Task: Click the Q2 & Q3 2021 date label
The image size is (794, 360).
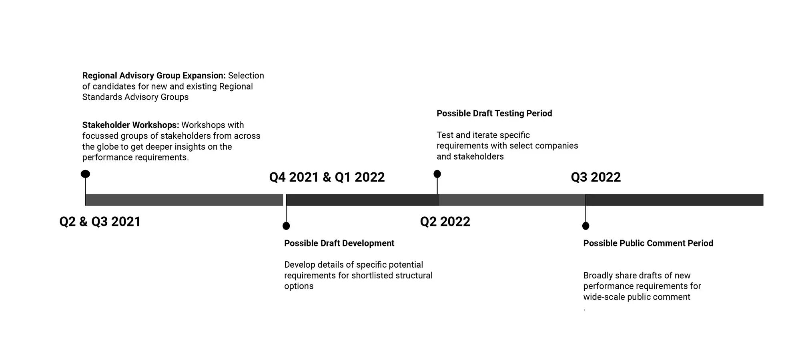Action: [x=100, y=222]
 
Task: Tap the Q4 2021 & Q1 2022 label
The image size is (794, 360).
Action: [x=327, y=177]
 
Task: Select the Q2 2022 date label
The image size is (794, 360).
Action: [x=445, y=222]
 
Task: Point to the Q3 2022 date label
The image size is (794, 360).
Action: [x=595, y=177]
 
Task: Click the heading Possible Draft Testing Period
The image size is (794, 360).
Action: [x=494, y=114]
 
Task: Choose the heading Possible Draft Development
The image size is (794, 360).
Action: [x=339, y=243]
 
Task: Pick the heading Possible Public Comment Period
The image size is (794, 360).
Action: [x=648, y=243]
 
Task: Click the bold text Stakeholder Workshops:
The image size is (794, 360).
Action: [x=130, y=125]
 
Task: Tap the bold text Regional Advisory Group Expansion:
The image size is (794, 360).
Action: [x=154, y=76]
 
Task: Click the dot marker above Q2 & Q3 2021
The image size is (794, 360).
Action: [x=85, y=174]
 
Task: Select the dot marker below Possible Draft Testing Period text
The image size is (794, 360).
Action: [x=437, y=174]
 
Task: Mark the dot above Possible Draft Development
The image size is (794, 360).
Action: [x=286, y=226]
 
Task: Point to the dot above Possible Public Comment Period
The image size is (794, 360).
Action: [x=585, y=226]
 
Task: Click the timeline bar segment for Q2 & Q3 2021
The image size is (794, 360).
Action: [x=184, y=200]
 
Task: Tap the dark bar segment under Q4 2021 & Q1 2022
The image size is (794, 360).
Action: [x=362, y=200]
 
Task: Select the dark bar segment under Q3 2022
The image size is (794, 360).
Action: [x=674, y=200]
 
